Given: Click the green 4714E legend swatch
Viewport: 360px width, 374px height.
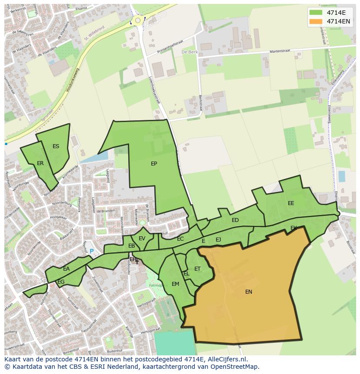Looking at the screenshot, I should click(x=316, y=13).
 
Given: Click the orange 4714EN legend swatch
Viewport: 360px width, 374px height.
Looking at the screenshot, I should click(x=316, y=21).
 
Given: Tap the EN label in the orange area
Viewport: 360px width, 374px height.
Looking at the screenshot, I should click(x=249, y=292).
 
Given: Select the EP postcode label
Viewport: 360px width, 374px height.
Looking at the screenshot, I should click(x=154, y=164).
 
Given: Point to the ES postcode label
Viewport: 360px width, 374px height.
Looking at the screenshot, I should click(x=56, y=146).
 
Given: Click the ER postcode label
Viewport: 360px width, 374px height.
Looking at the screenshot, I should click(x=40, y=163).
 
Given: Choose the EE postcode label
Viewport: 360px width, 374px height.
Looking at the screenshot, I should click(x=291, y=203).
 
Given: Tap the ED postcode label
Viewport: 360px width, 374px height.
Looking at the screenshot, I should click(x=235, y=220).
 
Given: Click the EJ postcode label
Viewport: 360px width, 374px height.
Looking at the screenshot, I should click(x=218, y=239).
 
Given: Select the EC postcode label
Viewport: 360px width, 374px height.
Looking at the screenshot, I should click(x=180, y=239).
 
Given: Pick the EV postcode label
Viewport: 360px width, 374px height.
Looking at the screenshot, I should click(x=142, y=238).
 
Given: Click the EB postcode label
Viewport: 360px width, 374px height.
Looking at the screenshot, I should click(x=131, y=246).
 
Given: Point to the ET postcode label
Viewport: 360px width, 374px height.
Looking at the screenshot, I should click(x=197, y=269).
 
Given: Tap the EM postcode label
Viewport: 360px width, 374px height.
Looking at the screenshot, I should click(x=175, y=284).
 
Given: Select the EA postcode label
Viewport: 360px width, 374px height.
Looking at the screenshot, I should click(x=66, y=269).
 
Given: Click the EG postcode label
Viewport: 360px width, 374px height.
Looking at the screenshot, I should click(x=61, y=282).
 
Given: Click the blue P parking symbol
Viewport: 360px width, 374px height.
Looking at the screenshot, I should click(x=91, y=251).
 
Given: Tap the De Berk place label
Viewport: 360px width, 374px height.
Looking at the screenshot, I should click(x=190, y=52).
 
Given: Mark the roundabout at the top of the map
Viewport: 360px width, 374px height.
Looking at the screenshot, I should click(x=138, y=20).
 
